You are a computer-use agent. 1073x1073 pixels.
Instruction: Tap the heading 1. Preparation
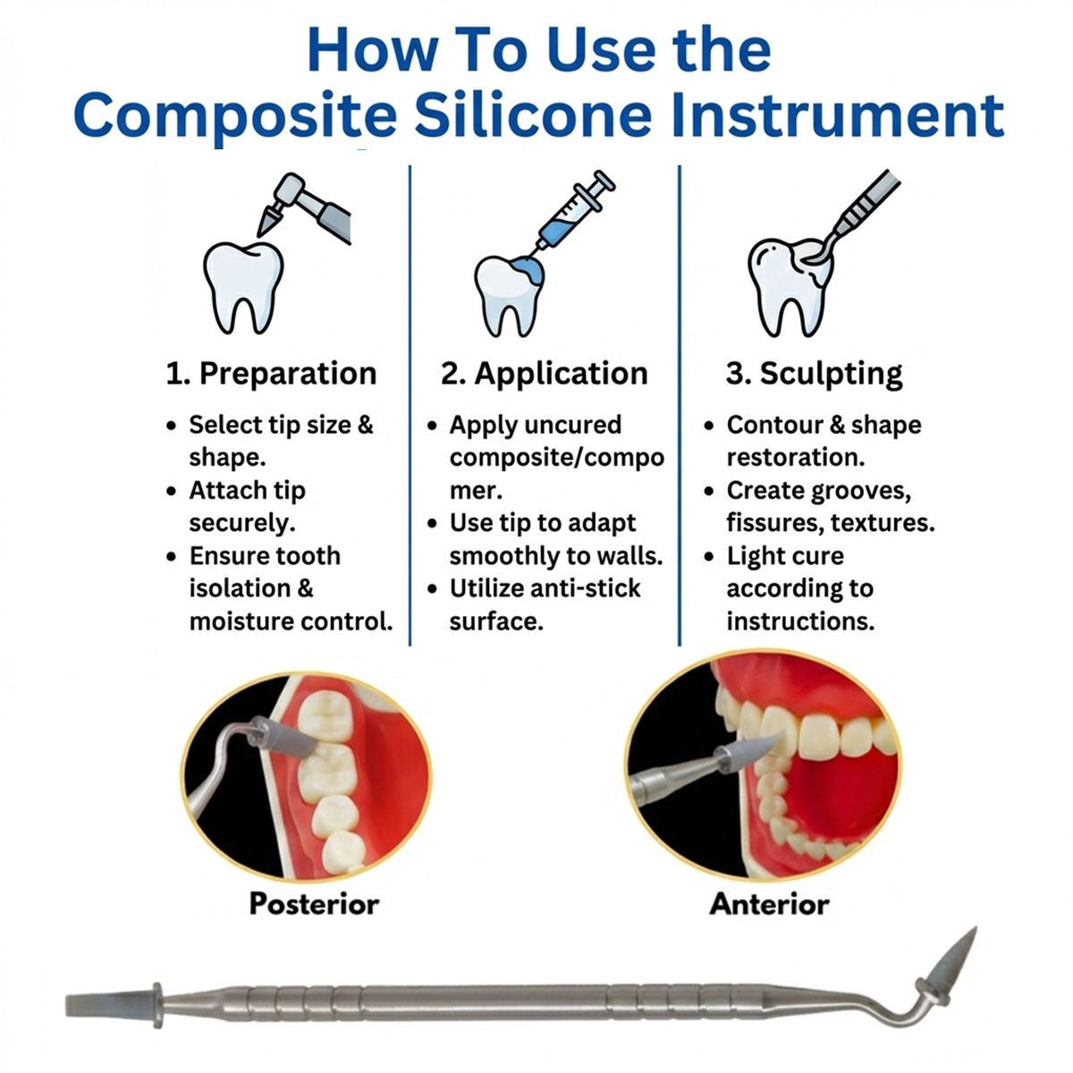tap(271, 373)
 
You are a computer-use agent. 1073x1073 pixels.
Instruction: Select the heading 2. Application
tap(544, 373)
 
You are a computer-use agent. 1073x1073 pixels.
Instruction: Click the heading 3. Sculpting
tap(814, 373)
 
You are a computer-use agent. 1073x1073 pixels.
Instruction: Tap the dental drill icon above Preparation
tap(308, 207)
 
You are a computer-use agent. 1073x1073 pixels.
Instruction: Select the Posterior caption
tap(314, 903)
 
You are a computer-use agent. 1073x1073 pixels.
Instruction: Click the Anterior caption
tap(769, 903)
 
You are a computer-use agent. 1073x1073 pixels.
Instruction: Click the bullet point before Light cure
tap(708, 556)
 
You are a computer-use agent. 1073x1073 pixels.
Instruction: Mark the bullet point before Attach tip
tap(171, 491)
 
